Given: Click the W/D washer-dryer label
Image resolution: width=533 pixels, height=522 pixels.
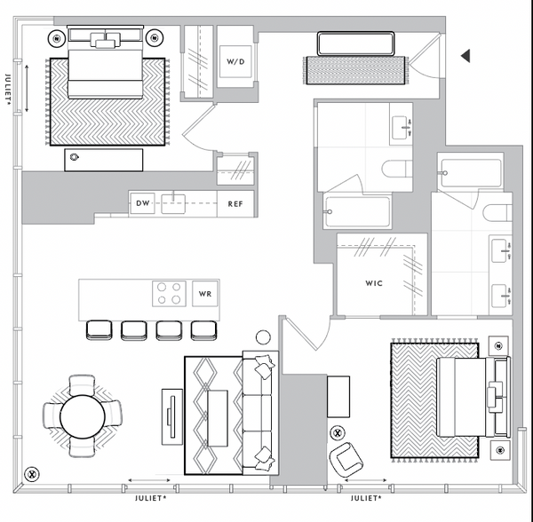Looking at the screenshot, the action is pyautogui.click(x=235, y=62).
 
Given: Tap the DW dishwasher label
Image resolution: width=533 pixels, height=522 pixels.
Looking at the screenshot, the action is pyautogui.click(x=142, y=203).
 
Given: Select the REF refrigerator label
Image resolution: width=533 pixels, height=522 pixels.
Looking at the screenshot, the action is pyautogui.click(x=235, y=204).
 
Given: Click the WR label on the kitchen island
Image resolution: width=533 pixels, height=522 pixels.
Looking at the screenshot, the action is pyautogui.click(x=205, y=294).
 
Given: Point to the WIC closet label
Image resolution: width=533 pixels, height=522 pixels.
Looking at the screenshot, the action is pyautogui.click(x=374, y=283).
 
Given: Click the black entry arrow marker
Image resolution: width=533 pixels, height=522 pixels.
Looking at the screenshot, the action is pyautogui.click(x=465, y=56).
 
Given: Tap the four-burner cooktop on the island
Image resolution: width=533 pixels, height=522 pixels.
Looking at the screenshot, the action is pyautogui.click(x=169, y=294).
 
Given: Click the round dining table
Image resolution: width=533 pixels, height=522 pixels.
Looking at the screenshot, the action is pyautogui.click(x=83, y=416).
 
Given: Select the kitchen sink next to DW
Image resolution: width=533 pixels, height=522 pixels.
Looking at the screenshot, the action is pyautogui.click(x=173, y=204).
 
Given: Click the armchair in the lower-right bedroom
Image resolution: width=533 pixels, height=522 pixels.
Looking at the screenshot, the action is pyautogui.click(x=346, y=460).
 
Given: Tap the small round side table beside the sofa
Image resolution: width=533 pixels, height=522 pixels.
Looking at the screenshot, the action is pyautogui.click(x=263, y=337).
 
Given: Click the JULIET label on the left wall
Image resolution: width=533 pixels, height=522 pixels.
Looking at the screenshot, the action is pyautogui.click(x=9, y=88).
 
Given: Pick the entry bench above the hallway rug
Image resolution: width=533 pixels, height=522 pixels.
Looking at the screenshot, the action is pyautogui.click(x=355, y=43).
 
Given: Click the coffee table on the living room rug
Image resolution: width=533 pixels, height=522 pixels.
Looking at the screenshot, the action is pyautogui.click(x=218, y=418).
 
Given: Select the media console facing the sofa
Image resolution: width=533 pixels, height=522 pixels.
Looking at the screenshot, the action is pyautogui.click(x=172, y=416).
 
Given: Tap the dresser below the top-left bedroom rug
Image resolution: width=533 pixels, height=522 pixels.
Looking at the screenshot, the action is pyautogui.click(x=104, y=160).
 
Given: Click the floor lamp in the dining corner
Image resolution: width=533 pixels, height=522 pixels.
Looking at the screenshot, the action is pyautogui.click(x=32, y=474).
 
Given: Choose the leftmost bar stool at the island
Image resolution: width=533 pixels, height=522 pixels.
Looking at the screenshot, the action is pyautogui.click(x=99, y=329).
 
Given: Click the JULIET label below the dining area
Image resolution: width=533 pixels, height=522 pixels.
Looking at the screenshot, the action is pyautogui.click(x=151, y=498).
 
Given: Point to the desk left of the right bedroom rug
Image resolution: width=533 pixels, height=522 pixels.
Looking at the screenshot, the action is pyautogui.click(x=338, y=396).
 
